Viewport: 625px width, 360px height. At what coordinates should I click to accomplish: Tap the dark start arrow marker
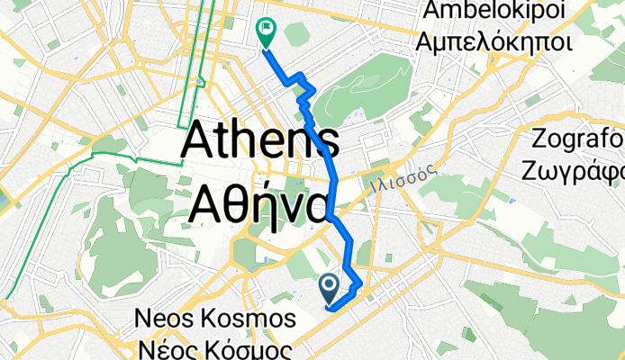coord(329,288)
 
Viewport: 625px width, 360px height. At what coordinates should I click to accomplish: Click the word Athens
coord(261,143)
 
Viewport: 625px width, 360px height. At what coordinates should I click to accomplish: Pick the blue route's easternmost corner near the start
coord(361,284)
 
